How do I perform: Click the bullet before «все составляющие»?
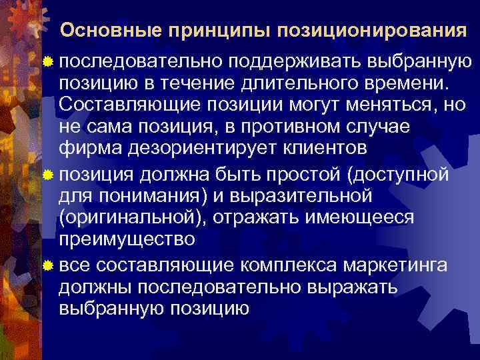click(x=47, y=267)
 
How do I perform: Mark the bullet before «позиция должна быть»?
click(x=47, y=176)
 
